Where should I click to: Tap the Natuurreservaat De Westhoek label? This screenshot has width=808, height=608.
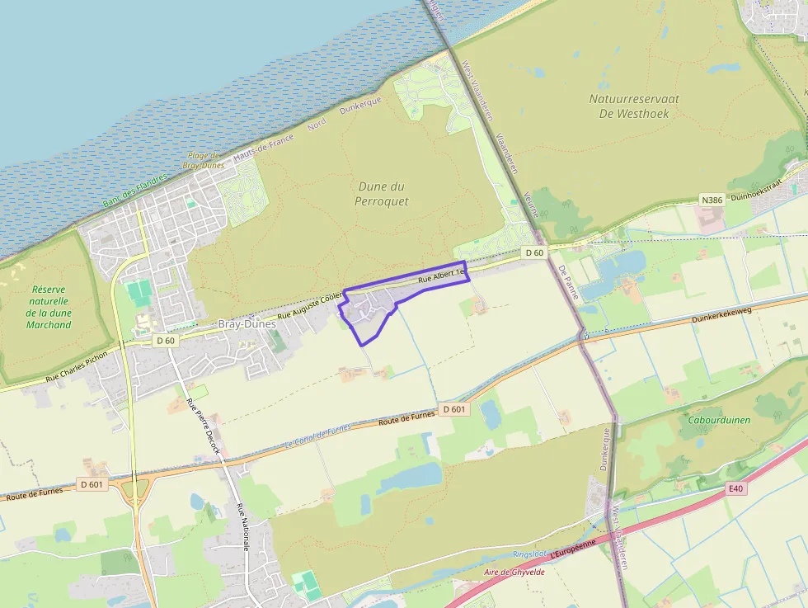634,106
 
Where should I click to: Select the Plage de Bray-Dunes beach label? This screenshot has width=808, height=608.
202,160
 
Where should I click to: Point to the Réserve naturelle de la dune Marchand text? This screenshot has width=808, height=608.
49,307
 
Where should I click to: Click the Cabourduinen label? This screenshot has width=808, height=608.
719,420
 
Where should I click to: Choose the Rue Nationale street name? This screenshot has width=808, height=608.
242,531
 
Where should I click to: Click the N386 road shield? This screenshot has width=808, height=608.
711,200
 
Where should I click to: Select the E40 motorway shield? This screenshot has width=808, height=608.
736,489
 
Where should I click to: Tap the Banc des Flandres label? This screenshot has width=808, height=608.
134,190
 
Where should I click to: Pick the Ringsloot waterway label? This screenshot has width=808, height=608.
528,554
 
